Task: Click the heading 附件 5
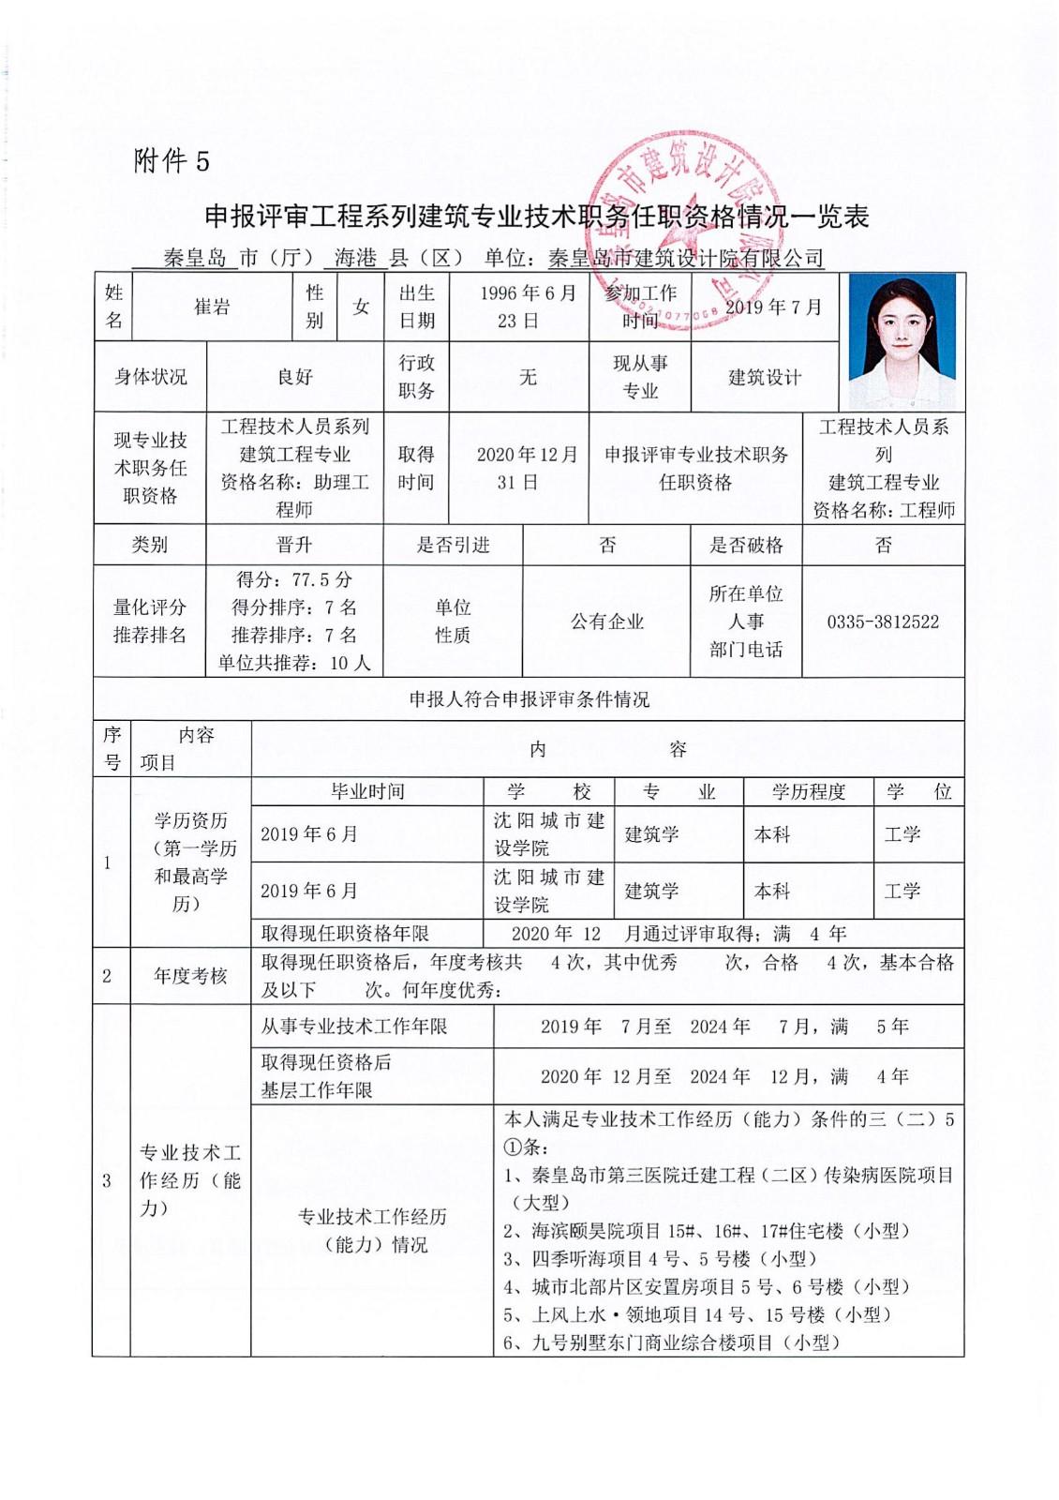click(x=172, y=161)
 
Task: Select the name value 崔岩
click(x=212, y=307)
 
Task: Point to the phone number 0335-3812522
click(x=883, y=622)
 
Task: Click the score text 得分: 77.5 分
click(x=294, y=579)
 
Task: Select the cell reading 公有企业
click(x=607, y=622)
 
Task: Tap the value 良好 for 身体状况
click(x=294, y=377)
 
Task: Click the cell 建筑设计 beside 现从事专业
click(x=765, y=377)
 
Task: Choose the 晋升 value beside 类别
click(x=294, y=545)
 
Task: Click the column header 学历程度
click(x=808, y=791)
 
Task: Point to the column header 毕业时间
click(x=367, y=791)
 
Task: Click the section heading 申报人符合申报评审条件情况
click(x=529, y=699)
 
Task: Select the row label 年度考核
click(x=190, y=976)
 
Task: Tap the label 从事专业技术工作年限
click(x=354, y=1027)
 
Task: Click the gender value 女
click(x=361, y=307)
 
